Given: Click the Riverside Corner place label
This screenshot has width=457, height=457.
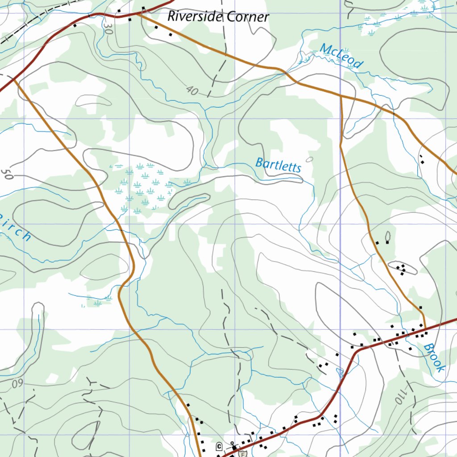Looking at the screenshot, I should point(218,17).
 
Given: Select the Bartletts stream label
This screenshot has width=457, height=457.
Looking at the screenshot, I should point(278,165).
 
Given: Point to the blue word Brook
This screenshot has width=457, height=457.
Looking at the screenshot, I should point(434,357).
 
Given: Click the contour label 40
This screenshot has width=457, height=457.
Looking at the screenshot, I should point(192,91).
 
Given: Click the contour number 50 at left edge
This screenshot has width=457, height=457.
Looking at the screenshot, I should point(6,174).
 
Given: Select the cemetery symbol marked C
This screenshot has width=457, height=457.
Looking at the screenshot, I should point(219,446).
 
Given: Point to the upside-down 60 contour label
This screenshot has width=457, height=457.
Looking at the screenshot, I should point(18,383).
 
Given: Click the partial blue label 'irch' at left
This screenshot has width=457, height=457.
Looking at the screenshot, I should point(16,228).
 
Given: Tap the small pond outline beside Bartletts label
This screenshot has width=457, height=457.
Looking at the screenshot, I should point(310,159).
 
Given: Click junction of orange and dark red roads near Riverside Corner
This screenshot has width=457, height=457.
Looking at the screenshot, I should point(139,13).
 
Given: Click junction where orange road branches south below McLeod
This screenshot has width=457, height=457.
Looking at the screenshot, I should point(341,95).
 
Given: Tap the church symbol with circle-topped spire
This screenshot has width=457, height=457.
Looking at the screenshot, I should point(233,445).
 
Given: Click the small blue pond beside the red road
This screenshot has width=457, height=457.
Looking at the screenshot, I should point(341,372).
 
